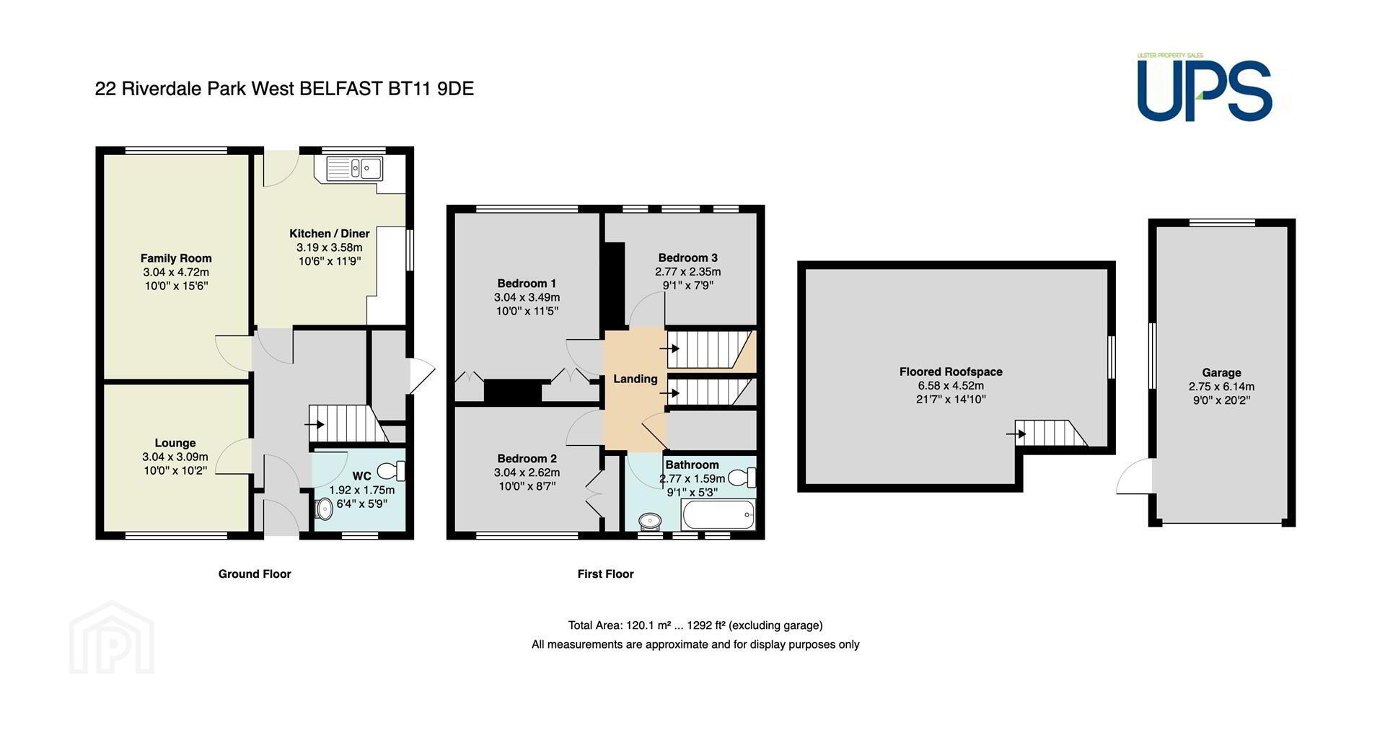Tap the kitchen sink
tap(355, 169)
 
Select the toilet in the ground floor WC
tap(392, 472)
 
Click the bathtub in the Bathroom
tap(718, 516)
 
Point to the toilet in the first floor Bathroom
tap(742, 478)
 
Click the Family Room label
tap(176, 258)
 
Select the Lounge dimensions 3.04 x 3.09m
tap(175, 457)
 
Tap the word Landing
tap(636, 379)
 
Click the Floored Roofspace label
tap(951, 372)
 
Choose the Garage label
tap(1221, 373)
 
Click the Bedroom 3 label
tap(688, 258)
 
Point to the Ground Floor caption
tap(255, 574)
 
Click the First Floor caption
tap(605, 574)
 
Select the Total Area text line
tap(695, 625)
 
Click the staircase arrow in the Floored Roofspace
tap(1017, 434)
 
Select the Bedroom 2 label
tap(527, 459)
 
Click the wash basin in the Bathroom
tap(651, 521)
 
